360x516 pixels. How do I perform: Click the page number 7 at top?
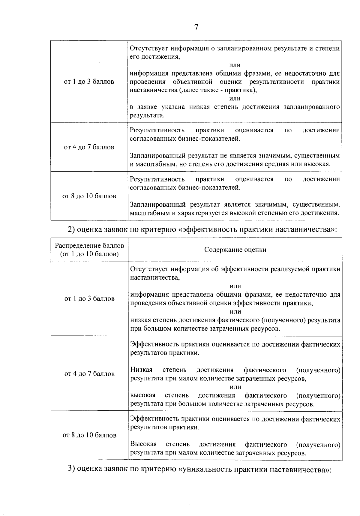coord(196,28)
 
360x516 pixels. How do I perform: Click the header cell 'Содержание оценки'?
coord(235,250)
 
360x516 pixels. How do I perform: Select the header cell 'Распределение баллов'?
coord(89,245)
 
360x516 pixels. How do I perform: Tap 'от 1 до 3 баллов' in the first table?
coord(89,82)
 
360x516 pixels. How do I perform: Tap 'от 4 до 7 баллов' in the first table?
coord(89,147)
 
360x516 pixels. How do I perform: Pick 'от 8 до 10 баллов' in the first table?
coord(89,196)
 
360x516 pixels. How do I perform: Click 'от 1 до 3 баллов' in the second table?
coord(89,298)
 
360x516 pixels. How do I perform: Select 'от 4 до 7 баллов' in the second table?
coord(89,374)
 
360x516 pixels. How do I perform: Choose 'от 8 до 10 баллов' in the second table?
coord(89,435)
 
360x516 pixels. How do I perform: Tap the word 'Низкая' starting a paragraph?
coord(141,370)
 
